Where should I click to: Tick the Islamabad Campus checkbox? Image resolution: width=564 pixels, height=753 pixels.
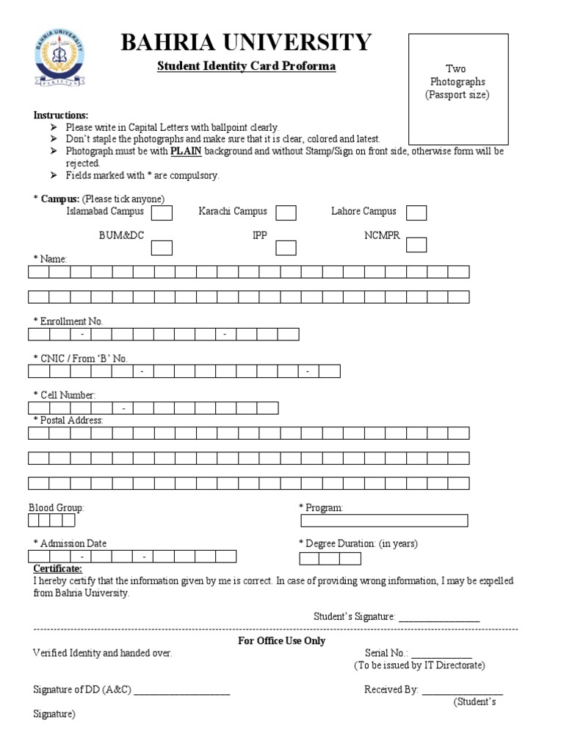[x=162, y=213]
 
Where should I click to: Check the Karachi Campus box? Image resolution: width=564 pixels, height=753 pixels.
[x=286, y=213]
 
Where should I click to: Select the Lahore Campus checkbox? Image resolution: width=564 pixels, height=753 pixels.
[x=416, y=213]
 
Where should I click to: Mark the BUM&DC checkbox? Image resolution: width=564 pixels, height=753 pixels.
[x=162, y=247]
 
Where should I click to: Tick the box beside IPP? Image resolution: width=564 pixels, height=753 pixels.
[x=286, y=247]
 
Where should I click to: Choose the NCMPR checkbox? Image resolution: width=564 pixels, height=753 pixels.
[x=416, y=244]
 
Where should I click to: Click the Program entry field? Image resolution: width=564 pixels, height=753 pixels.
[x=384, y=521]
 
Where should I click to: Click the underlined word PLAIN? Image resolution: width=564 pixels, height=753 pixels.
[x=186, y=151]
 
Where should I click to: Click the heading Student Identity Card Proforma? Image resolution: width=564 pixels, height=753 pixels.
[x=247, y=66]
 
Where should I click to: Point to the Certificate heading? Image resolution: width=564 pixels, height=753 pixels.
[x=58, y=569]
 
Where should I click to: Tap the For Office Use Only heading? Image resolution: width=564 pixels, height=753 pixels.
[x=281, y=640]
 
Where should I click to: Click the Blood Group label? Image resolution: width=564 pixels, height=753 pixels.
[x=57, y=507]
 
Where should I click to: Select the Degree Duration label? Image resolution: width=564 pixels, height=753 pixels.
[x=358, y=543]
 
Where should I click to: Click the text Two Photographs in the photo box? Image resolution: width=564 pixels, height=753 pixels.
[x=458, y=76]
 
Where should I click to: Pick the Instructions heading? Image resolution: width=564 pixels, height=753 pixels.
[x=61, y=115]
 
